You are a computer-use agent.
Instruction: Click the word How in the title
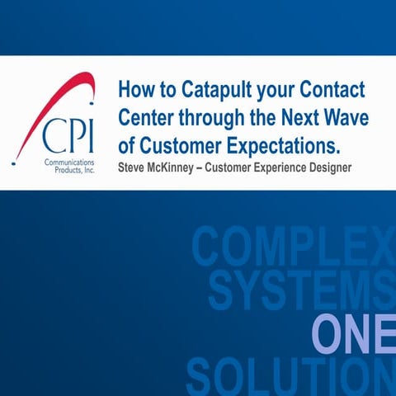point(134,89)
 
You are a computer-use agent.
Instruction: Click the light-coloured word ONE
point(352,334)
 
